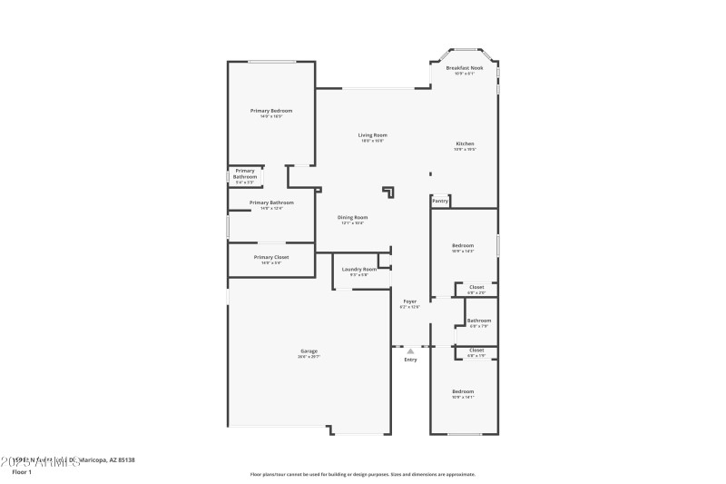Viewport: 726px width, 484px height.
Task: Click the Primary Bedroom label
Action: (270, 111)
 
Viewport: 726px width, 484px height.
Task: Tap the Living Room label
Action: (373, 135)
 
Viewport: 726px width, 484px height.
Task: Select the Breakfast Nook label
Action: (464, 68)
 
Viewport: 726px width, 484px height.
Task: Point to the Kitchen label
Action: (465, 143)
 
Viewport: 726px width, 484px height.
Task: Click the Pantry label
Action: (439, 201)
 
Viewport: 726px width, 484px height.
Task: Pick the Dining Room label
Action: (353, 217)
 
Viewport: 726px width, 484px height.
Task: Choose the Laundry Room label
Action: (359, 269)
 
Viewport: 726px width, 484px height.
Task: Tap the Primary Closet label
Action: (270, 257)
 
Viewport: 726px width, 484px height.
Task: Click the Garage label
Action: (309, 351)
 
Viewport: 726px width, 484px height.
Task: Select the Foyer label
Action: (410, 301)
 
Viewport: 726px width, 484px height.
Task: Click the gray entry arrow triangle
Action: (410, 351)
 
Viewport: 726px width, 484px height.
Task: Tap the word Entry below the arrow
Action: (410, 361)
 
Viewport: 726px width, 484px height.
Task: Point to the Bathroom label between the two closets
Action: (479, 321)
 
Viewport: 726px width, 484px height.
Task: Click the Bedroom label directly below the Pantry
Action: (463, 245)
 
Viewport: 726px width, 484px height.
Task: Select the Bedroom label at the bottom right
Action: (463, 391)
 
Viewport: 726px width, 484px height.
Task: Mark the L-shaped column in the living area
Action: (389, 192)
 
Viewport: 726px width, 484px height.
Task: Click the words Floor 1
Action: (21, 472)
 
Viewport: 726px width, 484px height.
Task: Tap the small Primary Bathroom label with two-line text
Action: (245, 173)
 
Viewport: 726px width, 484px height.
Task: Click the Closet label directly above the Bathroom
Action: (476, 287)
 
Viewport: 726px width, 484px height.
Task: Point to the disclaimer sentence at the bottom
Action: (362, 474)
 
